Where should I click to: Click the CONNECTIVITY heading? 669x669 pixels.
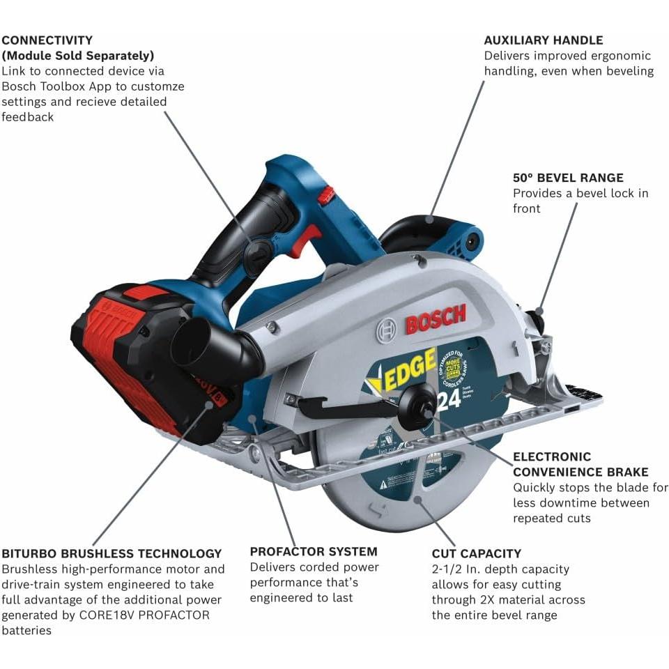coord(47,40)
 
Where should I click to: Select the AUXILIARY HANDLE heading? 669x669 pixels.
coord(544,40)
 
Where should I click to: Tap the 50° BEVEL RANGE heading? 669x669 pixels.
coord(568,178)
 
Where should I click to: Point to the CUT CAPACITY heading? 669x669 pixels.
coord(476,554)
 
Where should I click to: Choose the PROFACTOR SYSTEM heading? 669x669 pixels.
coord(314,552)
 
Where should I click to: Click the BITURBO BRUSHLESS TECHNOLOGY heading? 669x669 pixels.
coord(111,554)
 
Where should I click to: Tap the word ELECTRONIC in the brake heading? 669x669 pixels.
coord(552,457)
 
